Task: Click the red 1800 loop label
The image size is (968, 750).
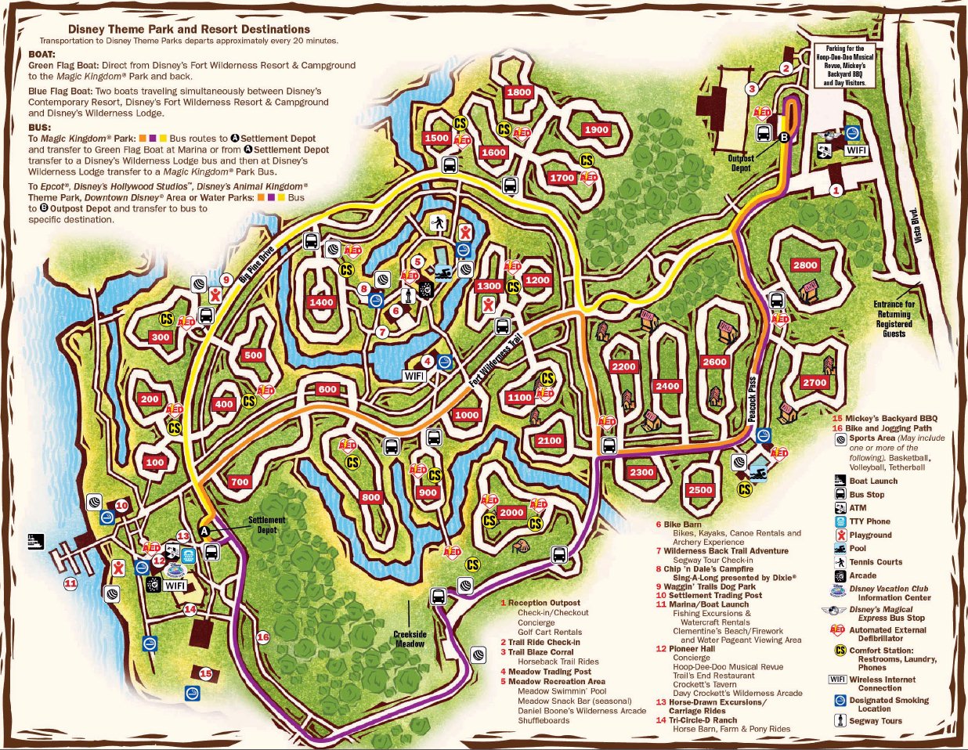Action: (519, 92)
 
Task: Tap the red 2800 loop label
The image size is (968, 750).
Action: (805, 265)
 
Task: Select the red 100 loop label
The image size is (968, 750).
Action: (155, 462)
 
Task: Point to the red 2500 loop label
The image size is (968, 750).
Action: (700, 490)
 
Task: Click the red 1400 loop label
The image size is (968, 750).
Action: (322, 302)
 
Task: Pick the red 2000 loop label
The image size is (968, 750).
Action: (511, 512)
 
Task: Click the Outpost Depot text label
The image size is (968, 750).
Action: (741, 163)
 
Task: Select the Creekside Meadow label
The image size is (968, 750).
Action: (410, 639)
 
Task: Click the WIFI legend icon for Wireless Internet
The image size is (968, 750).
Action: (837, 679)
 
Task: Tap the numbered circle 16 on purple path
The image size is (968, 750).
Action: (263, 637)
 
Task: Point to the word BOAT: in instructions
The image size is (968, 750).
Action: (42, 55)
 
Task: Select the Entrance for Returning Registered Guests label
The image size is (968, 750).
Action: (894, 319)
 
